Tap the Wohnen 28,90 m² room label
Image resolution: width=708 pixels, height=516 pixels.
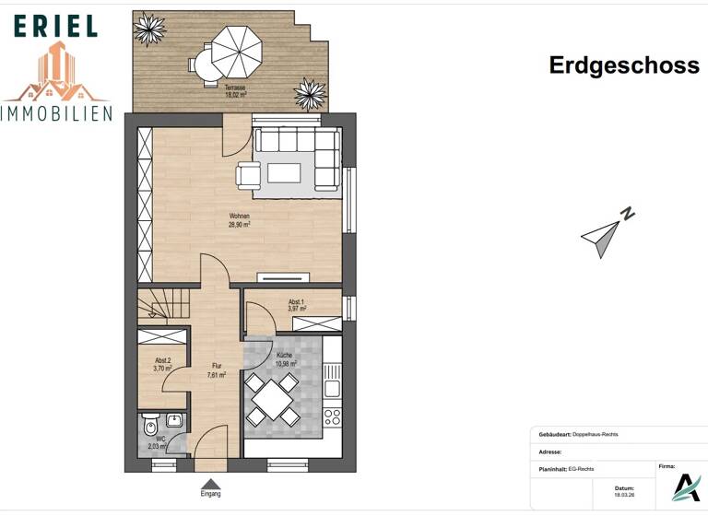(240, 219)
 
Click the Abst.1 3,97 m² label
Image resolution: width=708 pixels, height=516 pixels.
(295, 306)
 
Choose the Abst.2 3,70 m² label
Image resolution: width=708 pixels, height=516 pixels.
(163, 364)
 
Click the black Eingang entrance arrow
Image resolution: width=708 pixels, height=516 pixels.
(211, 484)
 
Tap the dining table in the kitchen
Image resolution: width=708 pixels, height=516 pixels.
(273, 398)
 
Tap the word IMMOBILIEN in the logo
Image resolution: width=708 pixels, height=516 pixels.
(57, 113)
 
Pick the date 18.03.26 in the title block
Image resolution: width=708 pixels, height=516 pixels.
(625, 494)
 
